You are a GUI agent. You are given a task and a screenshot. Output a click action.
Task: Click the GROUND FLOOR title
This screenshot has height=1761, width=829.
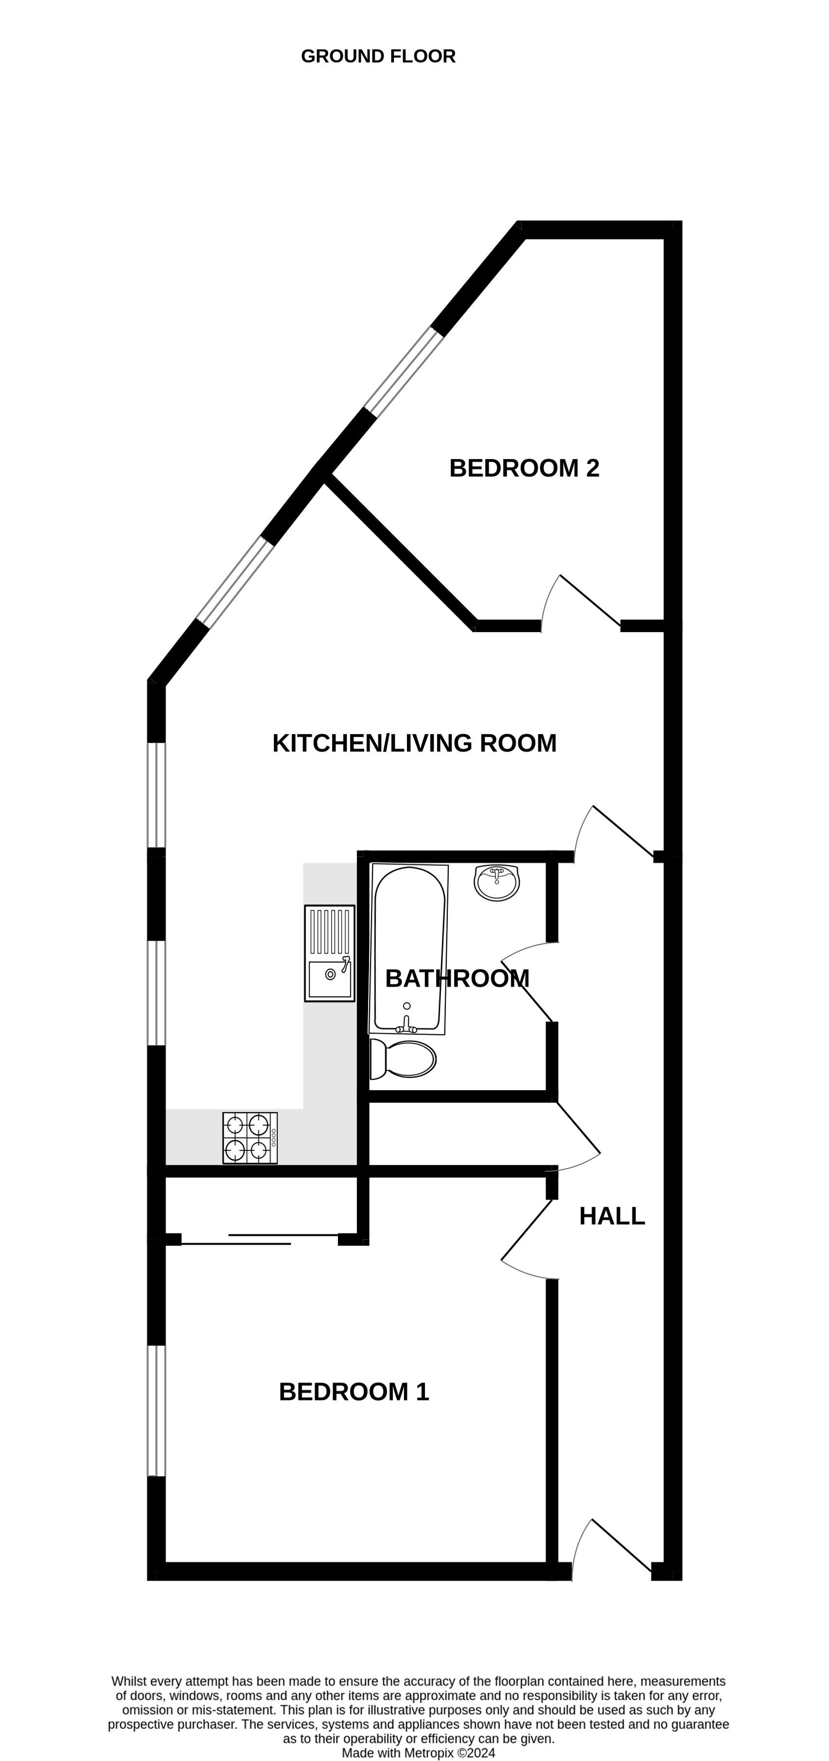point(378,56)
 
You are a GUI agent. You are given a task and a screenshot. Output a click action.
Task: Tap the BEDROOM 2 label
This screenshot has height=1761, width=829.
point(524,468)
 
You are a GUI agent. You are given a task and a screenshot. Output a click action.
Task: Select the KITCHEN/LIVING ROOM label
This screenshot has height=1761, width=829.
point(414,743)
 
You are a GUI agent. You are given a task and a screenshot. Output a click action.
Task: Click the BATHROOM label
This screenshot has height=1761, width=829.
point(457,978)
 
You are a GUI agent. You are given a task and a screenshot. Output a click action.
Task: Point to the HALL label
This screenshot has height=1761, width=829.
point(612,1216)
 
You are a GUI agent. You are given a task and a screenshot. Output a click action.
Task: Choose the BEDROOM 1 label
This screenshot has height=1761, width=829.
point(354,1392)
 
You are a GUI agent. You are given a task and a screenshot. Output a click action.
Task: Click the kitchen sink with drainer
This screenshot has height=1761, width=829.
point(330,953)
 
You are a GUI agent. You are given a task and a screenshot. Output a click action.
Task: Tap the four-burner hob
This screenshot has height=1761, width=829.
point(250,1138)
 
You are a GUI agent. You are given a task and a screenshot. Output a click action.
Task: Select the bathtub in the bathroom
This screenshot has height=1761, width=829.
point(408,950)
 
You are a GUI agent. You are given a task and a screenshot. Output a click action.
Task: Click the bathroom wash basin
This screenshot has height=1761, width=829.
point(497,882)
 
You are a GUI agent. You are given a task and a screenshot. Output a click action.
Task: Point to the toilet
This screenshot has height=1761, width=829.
point(403,1059)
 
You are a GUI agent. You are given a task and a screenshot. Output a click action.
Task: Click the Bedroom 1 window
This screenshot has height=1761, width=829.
point(157,1410)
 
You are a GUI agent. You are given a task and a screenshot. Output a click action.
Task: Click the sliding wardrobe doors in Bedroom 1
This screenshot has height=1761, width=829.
point(260,1239)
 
